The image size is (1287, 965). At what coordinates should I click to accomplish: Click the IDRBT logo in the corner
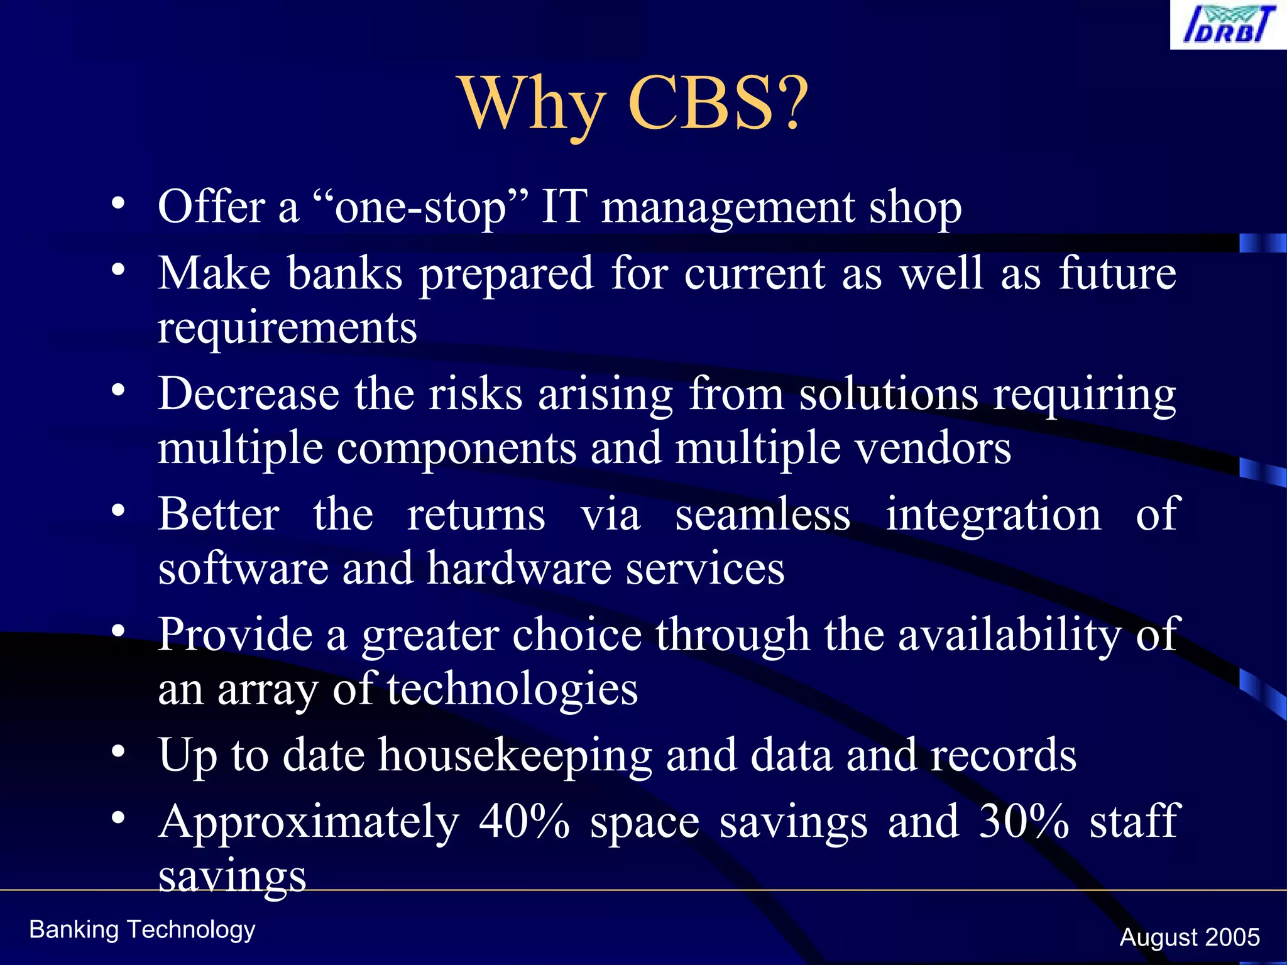(1229, 25)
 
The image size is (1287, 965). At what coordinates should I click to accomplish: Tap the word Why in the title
(534, 104)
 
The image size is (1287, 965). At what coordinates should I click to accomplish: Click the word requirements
(287, 327)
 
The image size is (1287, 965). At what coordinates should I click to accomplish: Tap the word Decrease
(248, 394)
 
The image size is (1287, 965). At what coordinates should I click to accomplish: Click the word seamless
(762, 515)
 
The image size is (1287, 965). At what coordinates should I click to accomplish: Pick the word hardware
(519, 568)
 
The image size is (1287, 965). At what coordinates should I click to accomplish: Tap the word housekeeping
(515, 756)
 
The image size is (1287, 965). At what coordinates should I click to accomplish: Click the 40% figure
(524, 821)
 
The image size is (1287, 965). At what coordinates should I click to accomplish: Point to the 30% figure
(1024, 821)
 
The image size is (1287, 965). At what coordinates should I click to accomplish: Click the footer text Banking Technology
(142, 930)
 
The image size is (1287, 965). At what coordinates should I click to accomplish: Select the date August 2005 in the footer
(1189, 937)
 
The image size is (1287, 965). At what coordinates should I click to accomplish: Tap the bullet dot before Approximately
(118, 817)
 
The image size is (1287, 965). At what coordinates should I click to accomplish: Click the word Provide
(235, 635)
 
